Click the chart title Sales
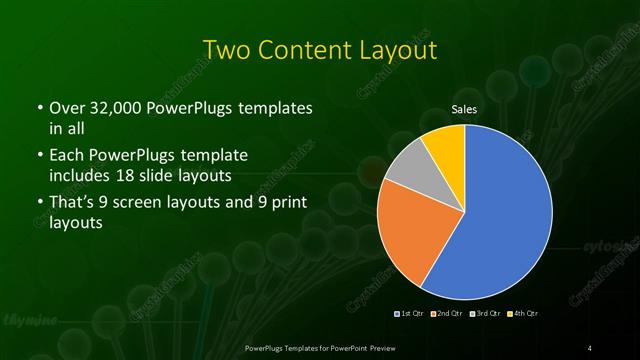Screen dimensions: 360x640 464,109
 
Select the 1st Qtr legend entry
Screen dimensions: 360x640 410,314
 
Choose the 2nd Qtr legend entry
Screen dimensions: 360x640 446,314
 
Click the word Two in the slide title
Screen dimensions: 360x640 226,50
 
